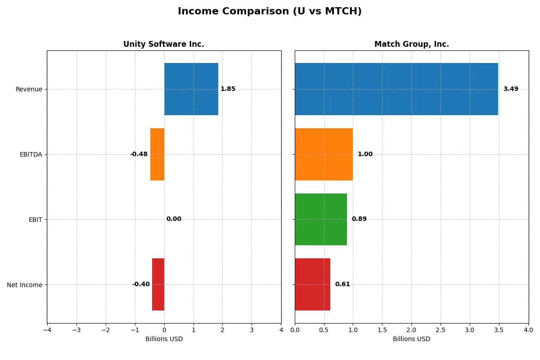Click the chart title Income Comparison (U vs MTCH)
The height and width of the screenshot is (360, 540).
coord(270,11)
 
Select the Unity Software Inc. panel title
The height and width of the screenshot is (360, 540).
coord(163,44)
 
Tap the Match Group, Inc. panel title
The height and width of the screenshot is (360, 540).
coord(411,44)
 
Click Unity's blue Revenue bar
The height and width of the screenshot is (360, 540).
coord(191,89)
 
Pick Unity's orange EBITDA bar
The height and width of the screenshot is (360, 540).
coord(157,154)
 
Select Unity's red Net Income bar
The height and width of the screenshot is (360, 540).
coord(158,284)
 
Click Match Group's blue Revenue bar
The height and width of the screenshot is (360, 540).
coord(396,89)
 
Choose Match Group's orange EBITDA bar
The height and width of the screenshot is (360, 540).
coord(324,154)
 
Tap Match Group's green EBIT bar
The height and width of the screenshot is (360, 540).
coord(320,219)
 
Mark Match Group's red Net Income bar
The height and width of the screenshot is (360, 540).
coord(312,284)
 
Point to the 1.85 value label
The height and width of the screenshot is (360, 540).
coord(228,89)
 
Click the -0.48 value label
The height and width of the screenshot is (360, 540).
coord(139,154)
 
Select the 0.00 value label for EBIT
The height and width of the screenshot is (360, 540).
coord(174,219)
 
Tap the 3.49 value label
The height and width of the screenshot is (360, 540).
coord(510,89)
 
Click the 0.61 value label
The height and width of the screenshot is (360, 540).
coord(342,284)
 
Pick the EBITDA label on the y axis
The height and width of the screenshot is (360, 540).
coord(31,154)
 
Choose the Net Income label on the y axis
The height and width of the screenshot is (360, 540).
coord(25,284)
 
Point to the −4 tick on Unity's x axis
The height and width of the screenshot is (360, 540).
coord(47,330)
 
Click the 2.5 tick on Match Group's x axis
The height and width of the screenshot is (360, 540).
coord(441,330)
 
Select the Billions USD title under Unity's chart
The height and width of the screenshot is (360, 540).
coord(164,339)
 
